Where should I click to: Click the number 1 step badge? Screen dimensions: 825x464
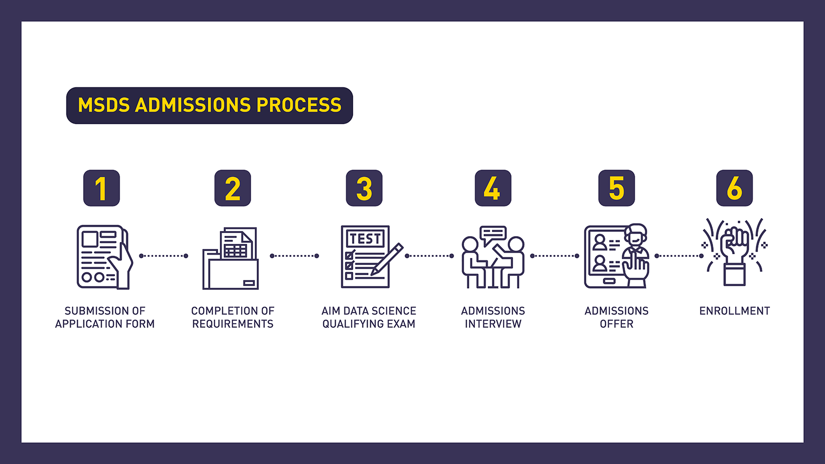101,188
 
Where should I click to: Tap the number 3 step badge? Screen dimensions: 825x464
364,188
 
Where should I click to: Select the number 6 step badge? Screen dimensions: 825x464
734,188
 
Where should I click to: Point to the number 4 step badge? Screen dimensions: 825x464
493,188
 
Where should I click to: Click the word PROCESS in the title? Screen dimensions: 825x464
299,105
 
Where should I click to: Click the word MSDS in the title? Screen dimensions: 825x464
104,105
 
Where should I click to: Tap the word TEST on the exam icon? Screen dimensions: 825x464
365,239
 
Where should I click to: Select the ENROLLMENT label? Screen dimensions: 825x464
734,311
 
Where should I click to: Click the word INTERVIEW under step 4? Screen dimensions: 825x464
493,324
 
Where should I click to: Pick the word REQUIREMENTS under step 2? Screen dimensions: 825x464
233,324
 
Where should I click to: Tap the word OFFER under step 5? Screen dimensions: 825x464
617,324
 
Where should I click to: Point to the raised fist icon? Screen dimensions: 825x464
734,254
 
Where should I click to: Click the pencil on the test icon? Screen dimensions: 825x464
387,259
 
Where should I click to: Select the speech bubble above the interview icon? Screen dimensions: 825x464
493,235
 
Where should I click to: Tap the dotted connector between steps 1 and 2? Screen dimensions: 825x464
163,256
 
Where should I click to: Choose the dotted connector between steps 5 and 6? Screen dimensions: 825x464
679,256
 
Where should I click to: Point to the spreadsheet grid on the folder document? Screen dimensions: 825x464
236,251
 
